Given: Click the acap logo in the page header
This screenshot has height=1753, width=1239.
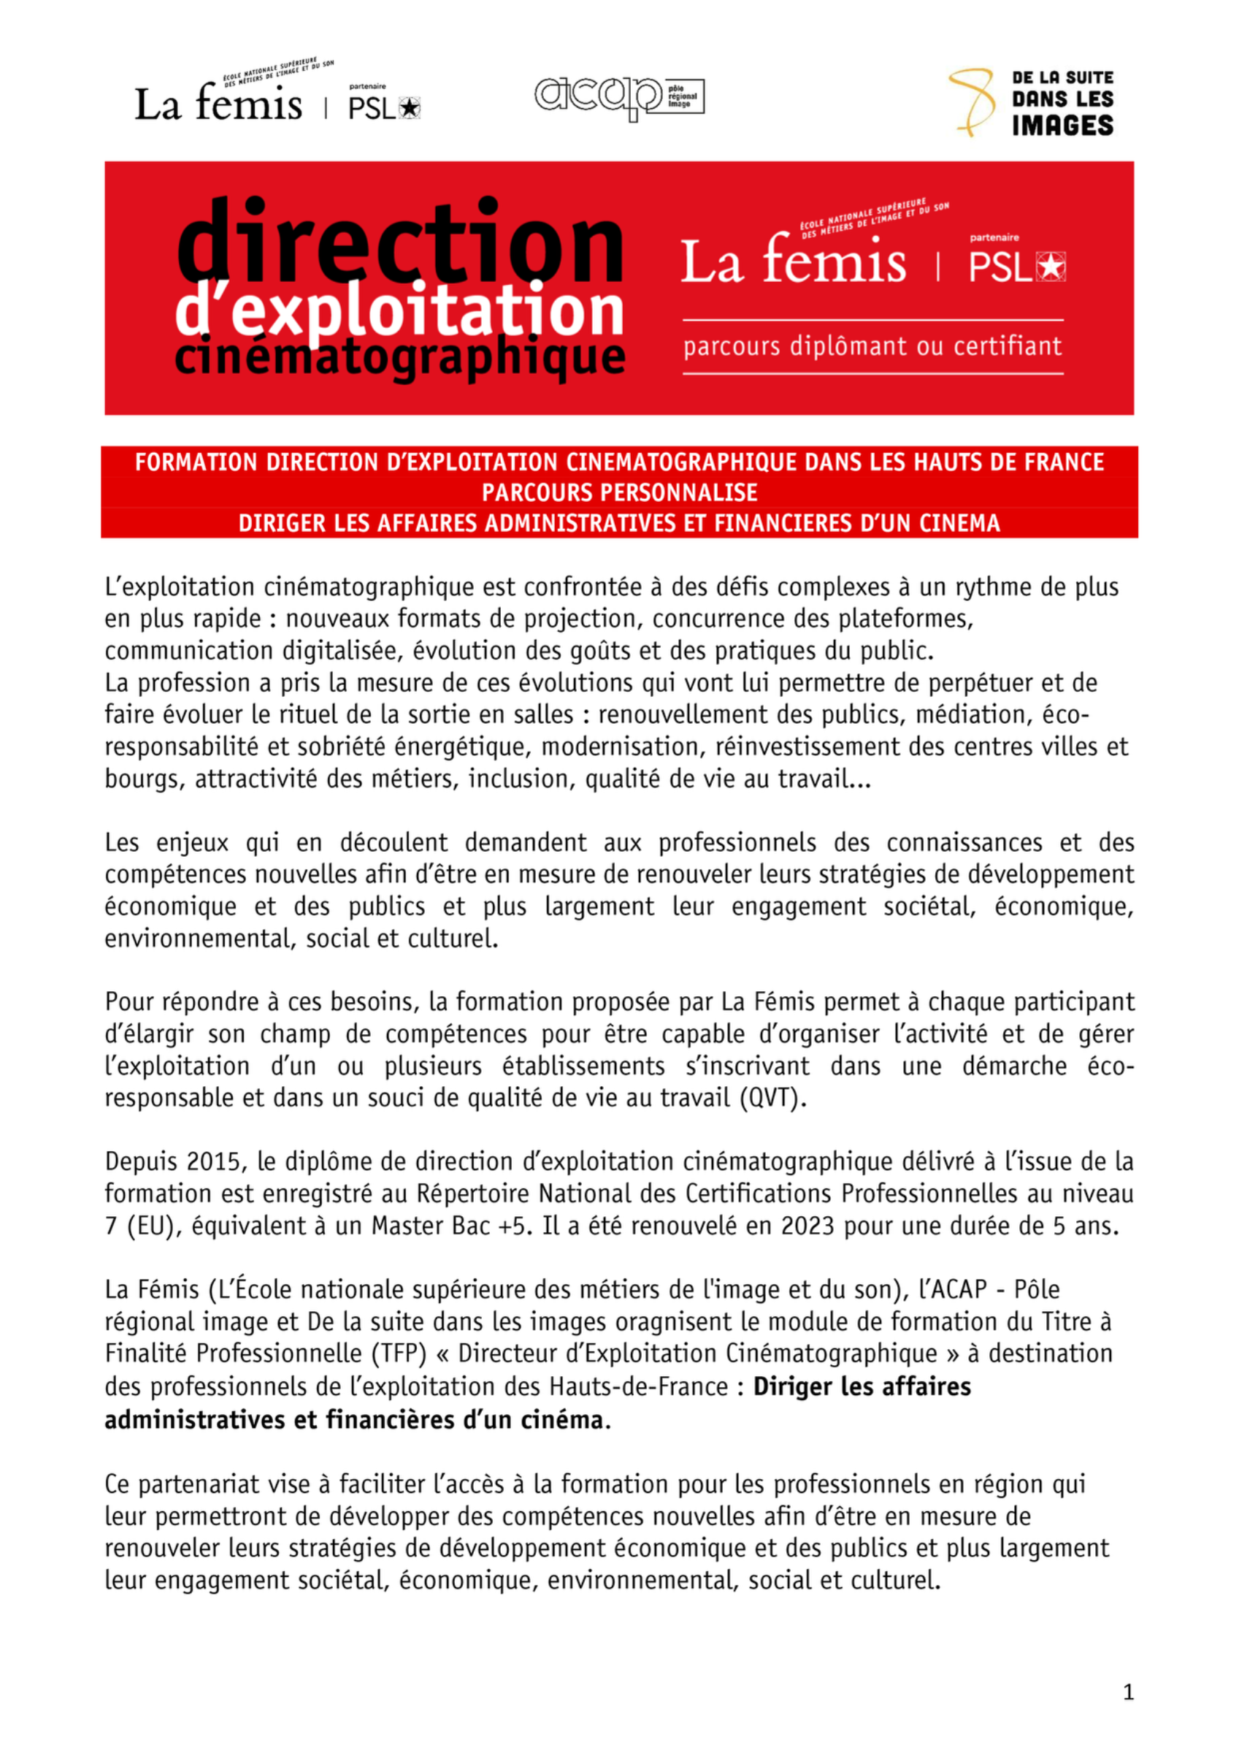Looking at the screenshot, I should coord(618,97).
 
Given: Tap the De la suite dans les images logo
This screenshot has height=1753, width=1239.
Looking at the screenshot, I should coord(1031,102).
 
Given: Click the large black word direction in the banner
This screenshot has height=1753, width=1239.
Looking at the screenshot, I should coord(401,242).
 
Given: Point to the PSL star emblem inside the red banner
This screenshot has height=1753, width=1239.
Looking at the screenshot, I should coord(1051,267).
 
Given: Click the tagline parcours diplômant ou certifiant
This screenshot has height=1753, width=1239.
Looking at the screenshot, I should coord(872,347).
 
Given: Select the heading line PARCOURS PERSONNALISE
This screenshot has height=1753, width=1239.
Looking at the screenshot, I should coord(619,492).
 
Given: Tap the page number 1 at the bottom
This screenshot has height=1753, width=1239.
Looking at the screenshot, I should coord(1128,1692).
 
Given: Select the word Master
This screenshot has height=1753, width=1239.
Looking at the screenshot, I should coord(407,1226).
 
